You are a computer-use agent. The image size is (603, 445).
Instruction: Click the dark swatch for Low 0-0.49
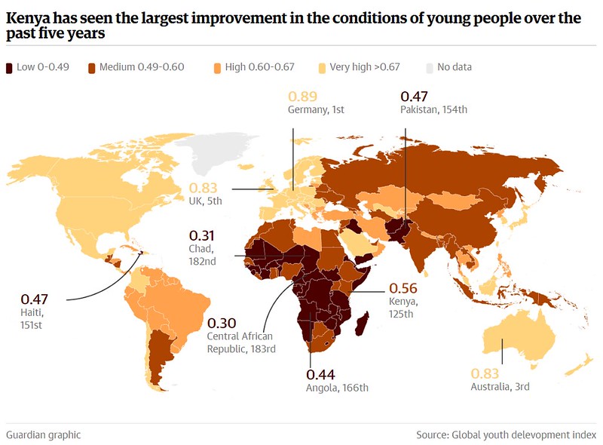(x=10, y=67)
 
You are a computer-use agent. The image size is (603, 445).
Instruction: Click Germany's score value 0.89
(x=302, y=97)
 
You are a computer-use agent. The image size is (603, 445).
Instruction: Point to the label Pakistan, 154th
(x=433, y=109)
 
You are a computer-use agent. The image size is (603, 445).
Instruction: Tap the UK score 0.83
(x=203, y=188)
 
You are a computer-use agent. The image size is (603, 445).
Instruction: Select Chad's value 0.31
(x=203, y=235)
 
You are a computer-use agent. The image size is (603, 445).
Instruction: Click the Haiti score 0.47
(x=35, y=297)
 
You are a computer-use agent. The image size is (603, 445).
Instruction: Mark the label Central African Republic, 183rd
(x=241, y=342)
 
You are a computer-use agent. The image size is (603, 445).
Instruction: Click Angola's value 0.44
(x=320, y=375)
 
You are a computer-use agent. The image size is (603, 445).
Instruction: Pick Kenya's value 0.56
(x=402, y=287)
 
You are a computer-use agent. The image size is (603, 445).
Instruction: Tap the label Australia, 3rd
(x=500, y=387)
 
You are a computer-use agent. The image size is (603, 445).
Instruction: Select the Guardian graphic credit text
(x=43, y=435)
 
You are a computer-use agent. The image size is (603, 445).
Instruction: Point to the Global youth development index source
(x=524, y=435)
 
